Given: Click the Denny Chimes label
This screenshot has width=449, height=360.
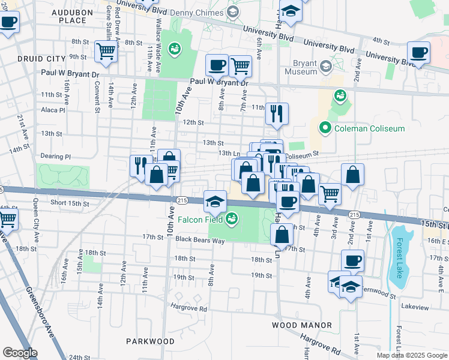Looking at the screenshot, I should click(x=194, y=13).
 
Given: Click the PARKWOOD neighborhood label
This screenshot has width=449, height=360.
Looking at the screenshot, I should click(x=150, y=341).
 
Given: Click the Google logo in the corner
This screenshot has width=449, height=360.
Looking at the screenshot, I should click(x=20, y=352).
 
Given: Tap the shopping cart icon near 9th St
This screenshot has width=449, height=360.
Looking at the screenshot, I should click(x=106, y=52).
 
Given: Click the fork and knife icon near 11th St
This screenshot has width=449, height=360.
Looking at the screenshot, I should click(x=277, y=113).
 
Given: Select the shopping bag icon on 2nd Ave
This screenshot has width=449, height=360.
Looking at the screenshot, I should click(x=353, y=175).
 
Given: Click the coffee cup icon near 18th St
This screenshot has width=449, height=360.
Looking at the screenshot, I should click(x=352, y=260).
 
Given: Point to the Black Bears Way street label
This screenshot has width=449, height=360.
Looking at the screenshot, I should click(x=200, y=241).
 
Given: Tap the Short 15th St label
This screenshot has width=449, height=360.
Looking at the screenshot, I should click(x=70, y=203).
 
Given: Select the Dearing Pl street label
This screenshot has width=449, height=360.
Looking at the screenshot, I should click(x=56, y=157).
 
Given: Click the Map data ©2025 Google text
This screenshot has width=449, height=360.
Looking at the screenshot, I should click(x=411, y=355).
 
